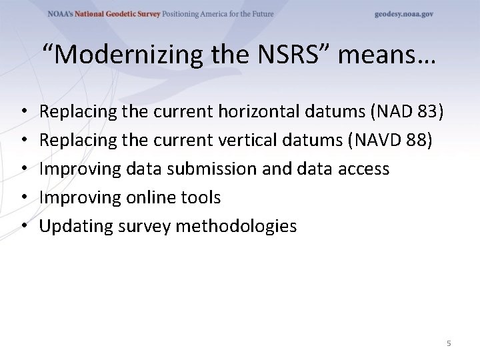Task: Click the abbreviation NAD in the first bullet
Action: [393, 111]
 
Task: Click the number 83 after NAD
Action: [429, 111]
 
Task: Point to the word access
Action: [363, 169]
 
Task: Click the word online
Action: [145, 197]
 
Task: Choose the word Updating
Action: [76, 226]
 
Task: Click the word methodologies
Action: [236, 226]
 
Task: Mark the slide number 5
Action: [449, 343]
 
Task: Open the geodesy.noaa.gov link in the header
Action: [403, 14]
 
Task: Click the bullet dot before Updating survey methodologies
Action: [23, 227]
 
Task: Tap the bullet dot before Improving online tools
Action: [23, 198]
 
